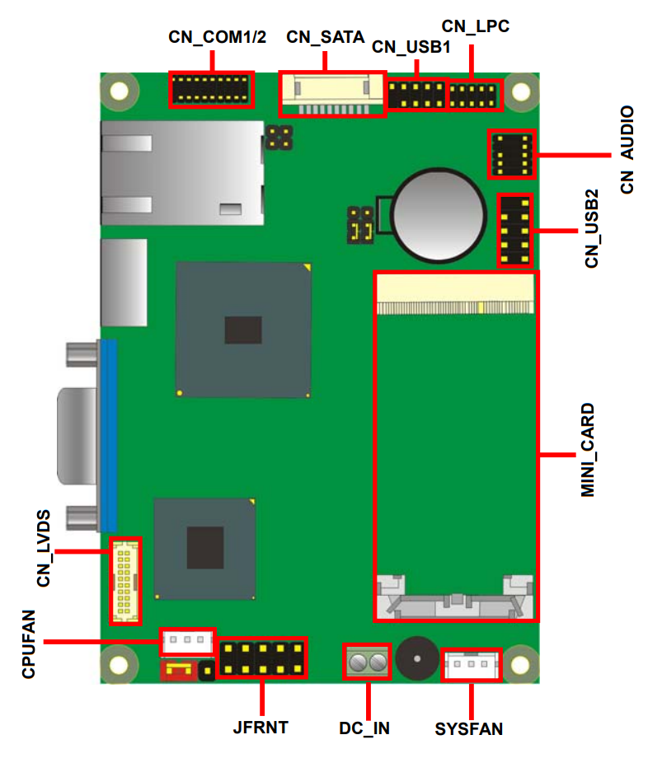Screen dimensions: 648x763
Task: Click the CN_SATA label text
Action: (x=325, y=37)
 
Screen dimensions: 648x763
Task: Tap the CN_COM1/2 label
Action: (x=217, y=37)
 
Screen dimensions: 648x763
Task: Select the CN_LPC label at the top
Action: (x=475, y=26)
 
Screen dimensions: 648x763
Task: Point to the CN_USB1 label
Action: (x=411, y=47)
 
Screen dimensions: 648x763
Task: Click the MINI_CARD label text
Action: (x=588, y=450)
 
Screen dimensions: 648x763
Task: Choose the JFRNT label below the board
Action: (x=261, y=728)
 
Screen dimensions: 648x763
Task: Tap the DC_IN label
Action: (x=364, y=728)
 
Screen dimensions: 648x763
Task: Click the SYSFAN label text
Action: (x=469, y=729)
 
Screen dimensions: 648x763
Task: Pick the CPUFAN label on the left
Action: (x=29, y=644)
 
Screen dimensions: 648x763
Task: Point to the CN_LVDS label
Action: (x=44, y=549)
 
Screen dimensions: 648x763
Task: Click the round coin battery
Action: (x=439, y=215)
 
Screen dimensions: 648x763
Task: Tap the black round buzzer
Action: (x=417, y=658)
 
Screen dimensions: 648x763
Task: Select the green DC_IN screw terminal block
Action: (x=367, y=662)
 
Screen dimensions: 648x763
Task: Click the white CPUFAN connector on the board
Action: (x=187, y=641)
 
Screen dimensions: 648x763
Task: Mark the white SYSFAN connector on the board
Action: (x=471, y=664)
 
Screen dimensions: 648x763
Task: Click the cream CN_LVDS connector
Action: (x=125, y=581)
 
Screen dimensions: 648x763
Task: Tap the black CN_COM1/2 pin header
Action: (x=211, y=89)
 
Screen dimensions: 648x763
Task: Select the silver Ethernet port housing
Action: (x=182, y=173)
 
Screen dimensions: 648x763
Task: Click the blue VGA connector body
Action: (x=109, y=436)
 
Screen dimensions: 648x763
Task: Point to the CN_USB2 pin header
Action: (x=514, y=231)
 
